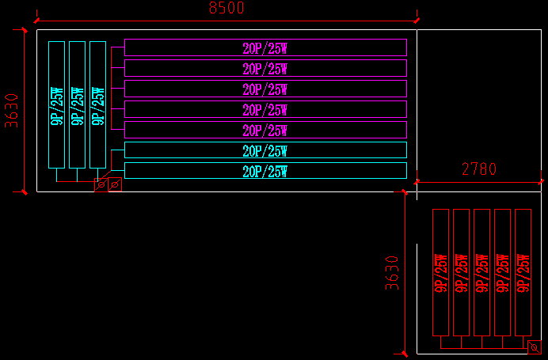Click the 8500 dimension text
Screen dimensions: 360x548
[226, 9]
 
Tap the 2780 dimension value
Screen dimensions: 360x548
[478, 169]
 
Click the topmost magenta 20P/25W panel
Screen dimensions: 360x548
[265, 47]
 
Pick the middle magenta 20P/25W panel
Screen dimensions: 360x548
[265, 89]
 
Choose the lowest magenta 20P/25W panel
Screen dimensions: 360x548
[265, 130]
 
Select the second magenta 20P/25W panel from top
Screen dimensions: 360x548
[265, 68]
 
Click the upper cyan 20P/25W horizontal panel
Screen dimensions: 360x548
[265, 150]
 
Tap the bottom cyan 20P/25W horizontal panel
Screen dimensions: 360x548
[265, 171]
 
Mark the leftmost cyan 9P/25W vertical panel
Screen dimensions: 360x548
[56, 104]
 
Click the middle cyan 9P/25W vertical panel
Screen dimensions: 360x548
[77, 104]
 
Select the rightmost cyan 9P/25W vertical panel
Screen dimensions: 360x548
[97, 104]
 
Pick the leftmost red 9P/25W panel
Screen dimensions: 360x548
[440, 272]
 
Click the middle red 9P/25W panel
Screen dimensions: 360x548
[481, 272]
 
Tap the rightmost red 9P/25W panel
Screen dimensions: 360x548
[523, 272]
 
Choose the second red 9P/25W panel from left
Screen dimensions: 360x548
[461, 272]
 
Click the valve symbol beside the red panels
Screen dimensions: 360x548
[535, 347]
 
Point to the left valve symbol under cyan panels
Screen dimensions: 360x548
[101, 185]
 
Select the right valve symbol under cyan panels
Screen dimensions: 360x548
[115, 184]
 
